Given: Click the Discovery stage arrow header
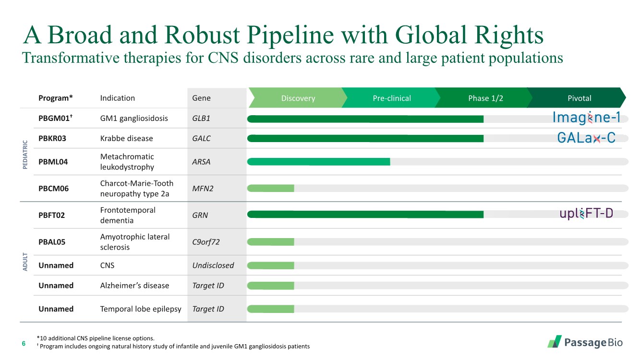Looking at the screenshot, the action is [298, 98].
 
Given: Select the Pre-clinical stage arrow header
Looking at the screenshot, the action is [391, 98].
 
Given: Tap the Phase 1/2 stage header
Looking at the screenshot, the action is [485, 98].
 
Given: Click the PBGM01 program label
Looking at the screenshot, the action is [55, 118].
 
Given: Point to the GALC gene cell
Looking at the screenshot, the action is [201, 138].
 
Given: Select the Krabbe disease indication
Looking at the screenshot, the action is [126, 138].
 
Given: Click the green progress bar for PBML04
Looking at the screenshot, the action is [319, 162].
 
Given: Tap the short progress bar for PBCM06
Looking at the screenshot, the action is [271, 188].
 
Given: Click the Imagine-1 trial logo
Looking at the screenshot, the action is [586, 118].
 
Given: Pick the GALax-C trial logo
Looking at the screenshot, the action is [586, 138].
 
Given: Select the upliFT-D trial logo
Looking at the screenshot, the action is [586, 214].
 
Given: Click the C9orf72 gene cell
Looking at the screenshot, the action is [205, 242].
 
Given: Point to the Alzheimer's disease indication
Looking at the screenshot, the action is [134, 286].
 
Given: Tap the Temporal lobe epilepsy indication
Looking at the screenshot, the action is [141, 309].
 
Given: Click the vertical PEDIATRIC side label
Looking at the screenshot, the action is [25, 155].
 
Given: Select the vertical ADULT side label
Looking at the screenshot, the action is [25, 262].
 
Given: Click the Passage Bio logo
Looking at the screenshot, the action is [585, 342].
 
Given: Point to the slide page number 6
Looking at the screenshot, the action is [24, 343].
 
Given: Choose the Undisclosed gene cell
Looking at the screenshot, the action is [213, 265].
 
